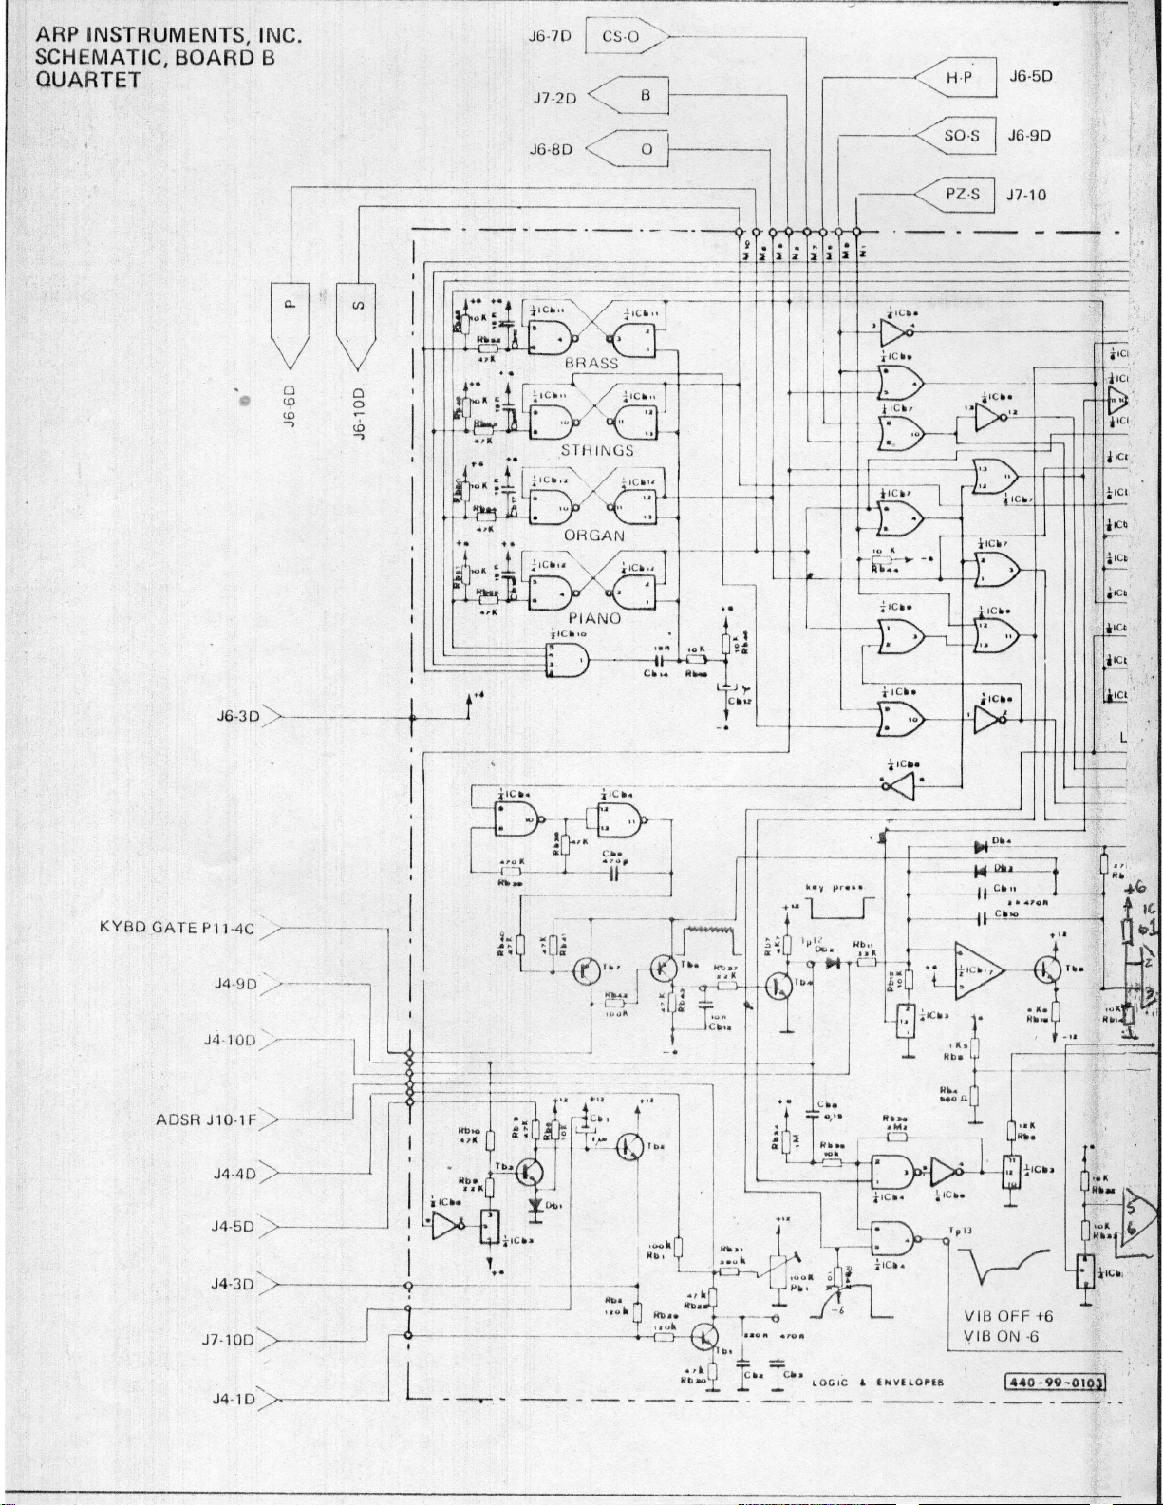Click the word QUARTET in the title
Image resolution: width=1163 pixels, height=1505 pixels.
88,80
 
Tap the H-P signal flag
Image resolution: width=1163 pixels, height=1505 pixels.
959,78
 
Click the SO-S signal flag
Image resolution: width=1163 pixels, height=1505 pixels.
959,136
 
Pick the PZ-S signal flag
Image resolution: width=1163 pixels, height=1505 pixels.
959,195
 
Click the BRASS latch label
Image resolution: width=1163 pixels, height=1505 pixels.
591,363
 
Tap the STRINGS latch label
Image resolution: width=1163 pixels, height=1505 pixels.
596,450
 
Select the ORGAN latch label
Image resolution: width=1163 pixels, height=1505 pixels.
594,536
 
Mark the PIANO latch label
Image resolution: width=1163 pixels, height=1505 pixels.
594,618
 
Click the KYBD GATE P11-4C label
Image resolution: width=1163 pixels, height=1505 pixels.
177,928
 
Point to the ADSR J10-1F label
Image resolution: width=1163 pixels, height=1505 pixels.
206,1120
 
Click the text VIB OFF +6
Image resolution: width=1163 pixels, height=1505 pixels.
1008,1316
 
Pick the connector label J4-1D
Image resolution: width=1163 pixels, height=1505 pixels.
233,1399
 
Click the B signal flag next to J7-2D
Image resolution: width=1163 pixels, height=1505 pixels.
638,96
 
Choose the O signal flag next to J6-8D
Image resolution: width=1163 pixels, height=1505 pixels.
638,149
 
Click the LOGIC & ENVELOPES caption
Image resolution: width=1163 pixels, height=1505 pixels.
877,1383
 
